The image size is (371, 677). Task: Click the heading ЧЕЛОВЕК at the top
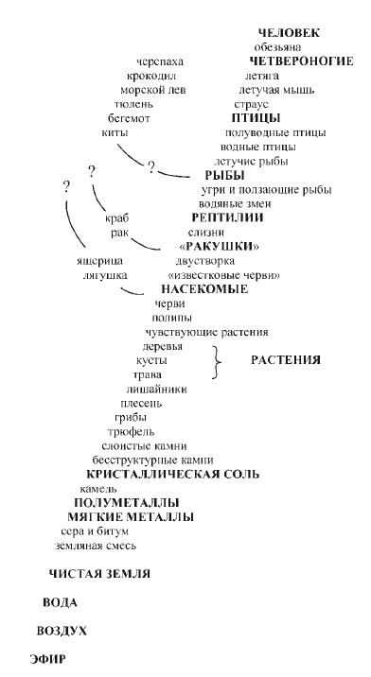tap(289, 33)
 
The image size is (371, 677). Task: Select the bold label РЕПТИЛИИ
tap(227, 217)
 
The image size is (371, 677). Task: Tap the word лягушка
tap(101, 275)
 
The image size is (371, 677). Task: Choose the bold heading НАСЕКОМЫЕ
tap(204, 289)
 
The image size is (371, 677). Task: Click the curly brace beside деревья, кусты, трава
tap(219, 360)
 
